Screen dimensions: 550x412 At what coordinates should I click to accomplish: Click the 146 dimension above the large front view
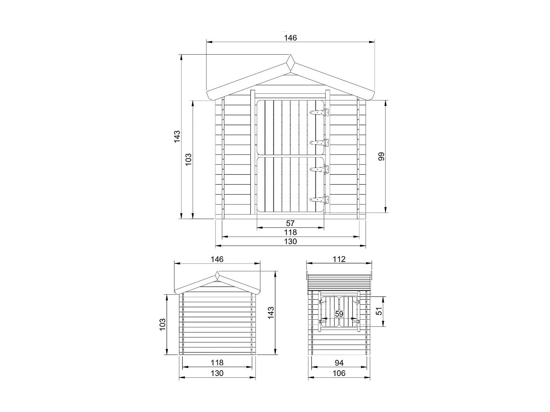tap(290, 38)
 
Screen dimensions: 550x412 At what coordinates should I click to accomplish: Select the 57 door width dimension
tap(290, 223)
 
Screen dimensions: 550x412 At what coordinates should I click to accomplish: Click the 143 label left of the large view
tap(177, 137)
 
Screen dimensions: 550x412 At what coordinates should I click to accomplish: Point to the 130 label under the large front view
tap(290, 241)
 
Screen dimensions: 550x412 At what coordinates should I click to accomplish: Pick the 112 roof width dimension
tap(339, 259)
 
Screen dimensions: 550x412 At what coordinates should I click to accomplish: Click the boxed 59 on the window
tap(339, 314)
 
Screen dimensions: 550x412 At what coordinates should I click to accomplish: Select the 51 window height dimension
tap(380, 311)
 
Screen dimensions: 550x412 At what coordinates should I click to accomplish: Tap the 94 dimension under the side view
tap(339, 363)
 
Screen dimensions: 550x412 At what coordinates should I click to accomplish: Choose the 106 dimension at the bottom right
tap(339, 373)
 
